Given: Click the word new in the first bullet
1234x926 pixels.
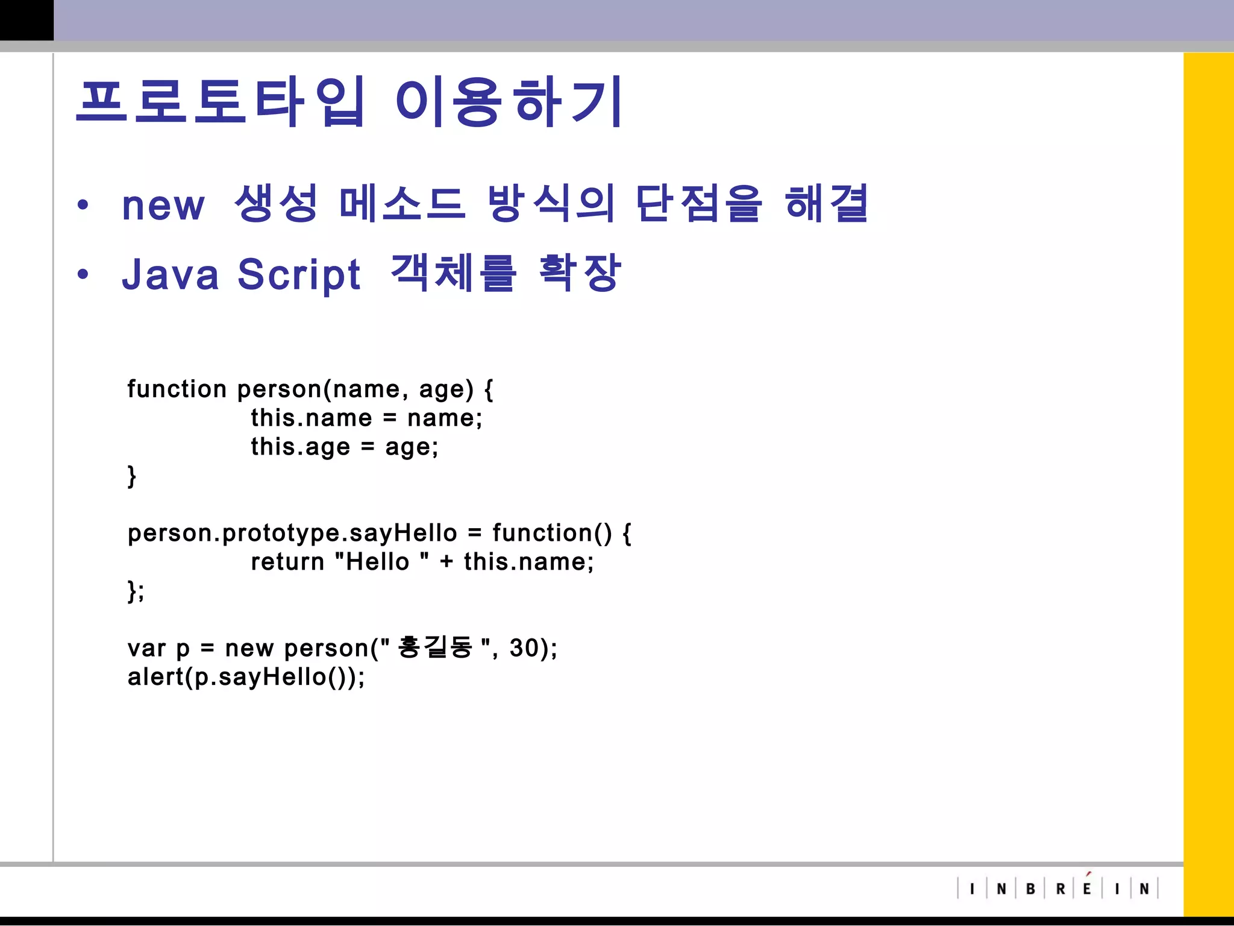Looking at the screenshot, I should tap(163, 206).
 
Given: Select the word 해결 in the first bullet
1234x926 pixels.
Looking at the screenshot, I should tap(827, 204).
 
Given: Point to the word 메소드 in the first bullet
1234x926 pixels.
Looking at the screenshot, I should tap(402, 204).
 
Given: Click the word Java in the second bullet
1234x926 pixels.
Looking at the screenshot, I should tap(171, 274).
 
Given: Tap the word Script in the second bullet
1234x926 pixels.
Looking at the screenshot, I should tap(299, 275).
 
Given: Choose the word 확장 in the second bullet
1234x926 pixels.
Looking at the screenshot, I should tap(579, 272).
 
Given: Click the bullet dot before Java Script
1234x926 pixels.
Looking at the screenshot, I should tap(83, 275).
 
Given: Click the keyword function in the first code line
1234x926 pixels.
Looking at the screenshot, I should tap(177, 389).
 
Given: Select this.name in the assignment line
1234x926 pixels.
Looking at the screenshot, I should tap(312, 418).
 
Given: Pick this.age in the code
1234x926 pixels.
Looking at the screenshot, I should tap(300, 447).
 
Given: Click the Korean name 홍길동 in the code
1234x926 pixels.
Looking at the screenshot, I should tap(435, 647).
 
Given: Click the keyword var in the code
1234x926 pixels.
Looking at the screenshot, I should tap(146, 649).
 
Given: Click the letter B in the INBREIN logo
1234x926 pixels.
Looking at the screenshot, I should tap(1030, 889).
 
